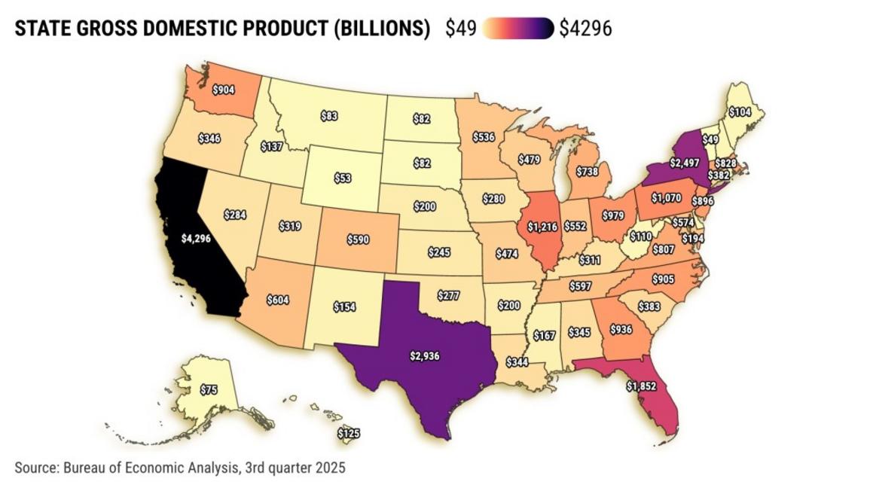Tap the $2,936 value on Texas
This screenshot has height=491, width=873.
[x=425, y=355]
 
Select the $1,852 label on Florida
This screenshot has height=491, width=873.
[x=641, y=386]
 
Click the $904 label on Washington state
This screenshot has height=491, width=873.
[x=222, y=90]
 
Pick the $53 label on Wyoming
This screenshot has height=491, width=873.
[x=343, y=178]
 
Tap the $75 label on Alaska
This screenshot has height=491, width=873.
[x=209, y=389]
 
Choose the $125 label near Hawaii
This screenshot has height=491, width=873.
[x=349, y=434]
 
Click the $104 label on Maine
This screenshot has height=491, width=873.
[x=740, y=111]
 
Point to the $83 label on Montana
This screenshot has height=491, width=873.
[x=328, y=116]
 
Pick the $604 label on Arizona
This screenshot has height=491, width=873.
[x=279, y=300]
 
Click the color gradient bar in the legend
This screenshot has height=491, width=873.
[x=517, y=29]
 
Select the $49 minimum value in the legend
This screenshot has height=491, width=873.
[x=460, y=29]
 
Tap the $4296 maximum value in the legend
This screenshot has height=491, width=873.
[x=585, y=29]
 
